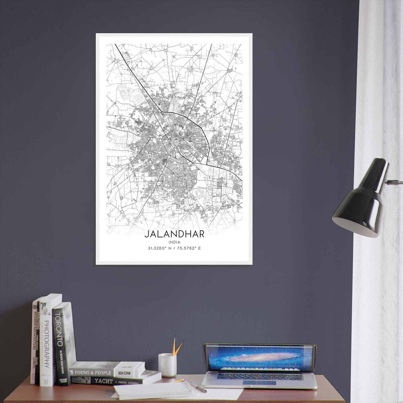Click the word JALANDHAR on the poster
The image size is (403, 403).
174,234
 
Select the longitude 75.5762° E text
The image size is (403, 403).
189,248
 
